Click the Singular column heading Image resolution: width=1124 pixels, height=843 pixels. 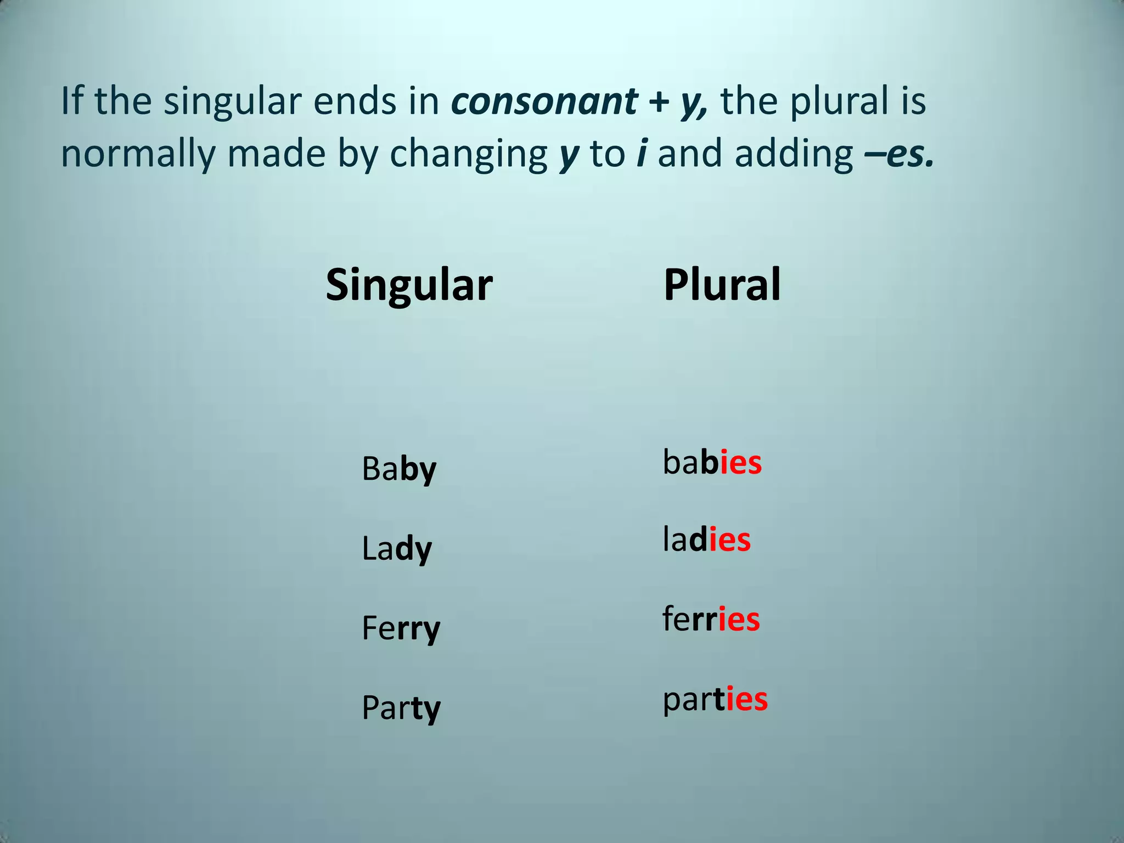(x=409, y=285)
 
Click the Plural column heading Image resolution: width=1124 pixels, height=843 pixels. (x=722, y=284)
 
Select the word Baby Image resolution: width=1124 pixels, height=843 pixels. (x=399, y=469)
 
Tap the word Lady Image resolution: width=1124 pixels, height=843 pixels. (x=397, y=549)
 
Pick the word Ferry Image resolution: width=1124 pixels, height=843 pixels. (x=401, y=628)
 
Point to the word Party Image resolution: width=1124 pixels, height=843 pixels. (x=401, y=708)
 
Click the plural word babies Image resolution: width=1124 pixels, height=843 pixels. (x=712, y=462)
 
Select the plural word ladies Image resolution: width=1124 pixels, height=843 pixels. (x=706, y=540)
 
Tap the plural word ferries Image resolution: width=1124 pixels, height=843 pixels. (x=711, y=619)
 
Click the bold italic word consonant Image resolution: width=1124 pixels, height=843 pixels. (x=544, y=101)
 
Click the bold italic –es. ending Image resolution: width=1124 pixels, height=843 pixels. (x=899, y=154)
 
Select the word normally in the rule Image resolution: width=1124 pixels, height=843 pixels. (x=138, y=154)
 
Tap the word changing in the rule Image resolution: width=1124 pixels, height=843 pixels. (x=468, y=154)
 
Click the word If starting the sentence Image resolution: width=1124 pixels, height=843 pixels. (x=71, y=101)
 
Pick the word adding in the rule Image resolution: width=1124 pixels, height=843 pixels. (x=794, y=154)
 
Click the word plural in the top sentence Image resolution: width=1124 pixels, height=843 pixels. (x=839, y=101)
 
